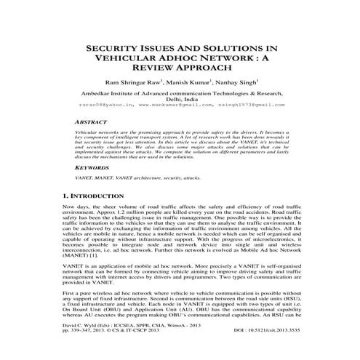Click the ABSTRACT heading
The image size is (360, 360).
(x=91, y=124)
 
